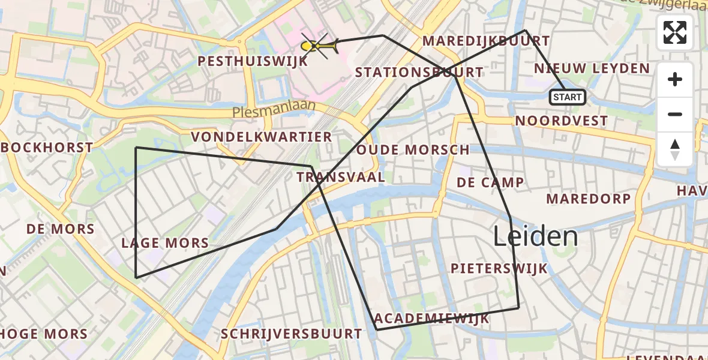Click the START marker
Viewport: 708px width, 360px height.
pyautogui.click(x=567, y=97)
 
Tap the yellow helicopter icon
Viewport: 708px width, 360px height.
pyautogui.click(x=319, y=46)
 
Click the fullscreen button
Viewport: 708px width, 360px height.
pyautogui.click(x=675, y=32)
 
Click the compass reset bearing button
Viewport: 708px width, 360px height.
pyautogui.click(x=675, y=149)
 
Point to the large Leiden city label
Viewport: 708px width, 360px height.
pyautogui.click(x=536, y=237)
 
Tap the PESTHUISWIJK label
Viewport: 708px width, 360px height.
pyautogui.click(x=253, y=61)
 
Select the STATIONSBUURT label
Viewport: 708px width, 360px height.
pyautogui.click(x=419, y=73)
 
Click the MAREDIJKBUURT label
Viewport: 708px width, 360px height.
pyautogui.click(x=486, y=41)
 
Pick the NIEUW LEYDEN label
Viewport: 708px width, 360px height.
pyautogui.click(x=592, y=68)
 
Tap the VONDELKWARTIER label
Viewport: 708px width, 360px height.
pyautogui.click(x=262, y=137)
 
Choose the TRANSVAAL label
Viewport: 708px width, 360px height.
pyautogui.click(x=340, y=177)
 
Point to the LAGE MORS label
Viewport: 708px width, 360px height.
pyautogui.click(x=165, y=243)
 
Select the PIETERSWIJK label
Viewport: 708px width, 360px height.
pyautogui.click(x=499, y=268)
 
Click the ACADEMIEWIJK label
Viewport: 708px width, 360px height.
pyautogui.click(x=431, y=319)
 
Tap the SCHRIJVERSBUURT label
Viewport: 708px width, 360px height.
pyautogui.click(x=292, y=334)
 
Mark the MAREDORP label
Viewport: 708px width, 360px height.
pyautogui.click(x=588, y=199)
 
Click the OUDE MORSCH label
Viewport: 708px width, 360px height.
pyautogui.click(x=413, y=150)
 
